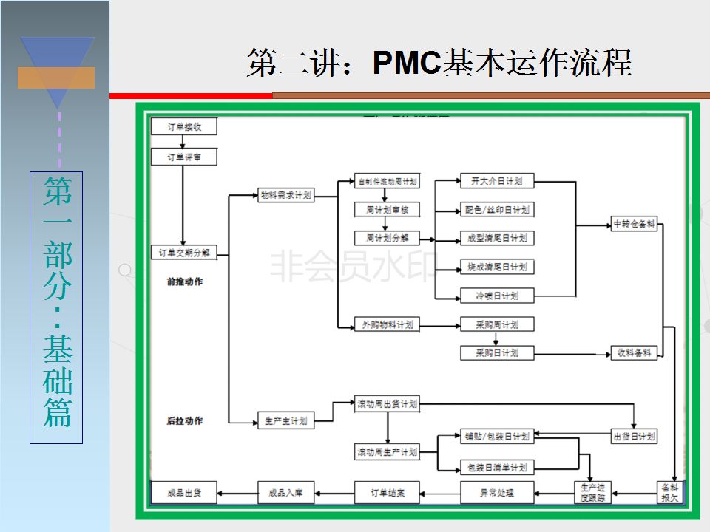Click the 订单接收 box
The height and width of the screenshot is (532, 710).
tap(183, 127)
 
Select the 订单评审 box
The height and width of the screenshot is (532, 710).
tap(183, 157)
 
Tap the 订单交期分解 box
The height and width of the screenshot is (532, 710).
tap(184, 252)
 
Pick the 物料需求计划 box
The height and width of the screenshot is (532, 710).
tap(286, 196)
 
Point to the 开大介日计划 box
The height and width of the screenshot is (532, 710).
tap(496, 181)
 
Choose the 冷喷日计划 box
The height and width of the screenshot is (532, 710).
tap(496, 296)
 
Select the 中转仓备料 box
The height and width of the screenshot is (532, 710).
tap(635, 225)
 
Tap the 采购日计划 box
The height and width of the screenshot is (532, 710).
tap(496, 353)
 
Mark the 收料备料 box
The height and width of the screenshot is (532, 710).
tap(635, 353)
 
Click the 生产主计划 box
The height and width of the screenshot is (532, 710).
tap(286, 421)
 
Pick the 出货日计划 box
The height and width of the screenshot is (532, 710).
tap(635, 436)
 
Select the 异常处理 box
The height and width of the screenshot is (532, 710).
tap(496, 492)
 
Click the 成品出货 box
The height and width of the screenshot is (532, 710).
tap(184, 492)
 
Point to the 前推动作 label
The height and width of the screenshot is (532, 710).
tap(185, 282)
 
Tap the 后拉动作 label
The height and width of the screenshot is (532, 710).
tap(185, 421)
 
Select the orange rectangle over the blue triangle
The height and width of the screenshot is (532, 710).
tap(56, 78)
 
